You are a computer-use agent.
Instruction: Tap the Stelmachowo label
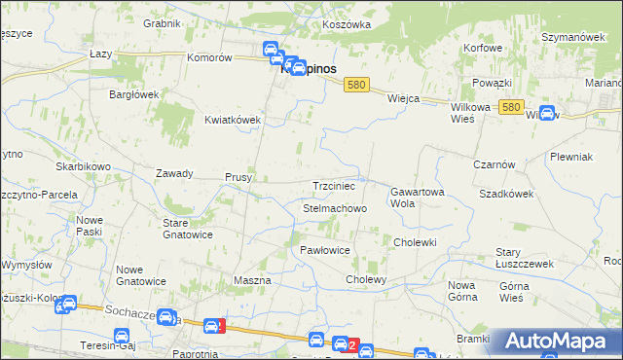point(335,208)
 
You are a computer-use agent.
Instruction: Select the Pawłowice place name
point(324,250)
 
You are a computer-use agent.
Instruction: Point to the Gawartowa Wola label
point(417,198)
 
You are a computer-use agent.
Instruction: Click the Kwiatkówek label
point(233,120)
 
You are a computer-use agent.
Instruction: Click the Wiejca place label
point(403,98)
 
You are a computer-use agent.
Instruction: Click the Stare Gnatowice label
point(187,229)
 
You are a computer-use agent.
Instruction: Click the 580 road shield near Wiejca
point(356,86)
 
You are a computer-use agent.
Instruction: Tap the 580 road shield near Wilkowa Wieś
point(513,108)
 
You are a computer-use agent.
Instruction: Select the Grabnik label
point(162,22)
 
